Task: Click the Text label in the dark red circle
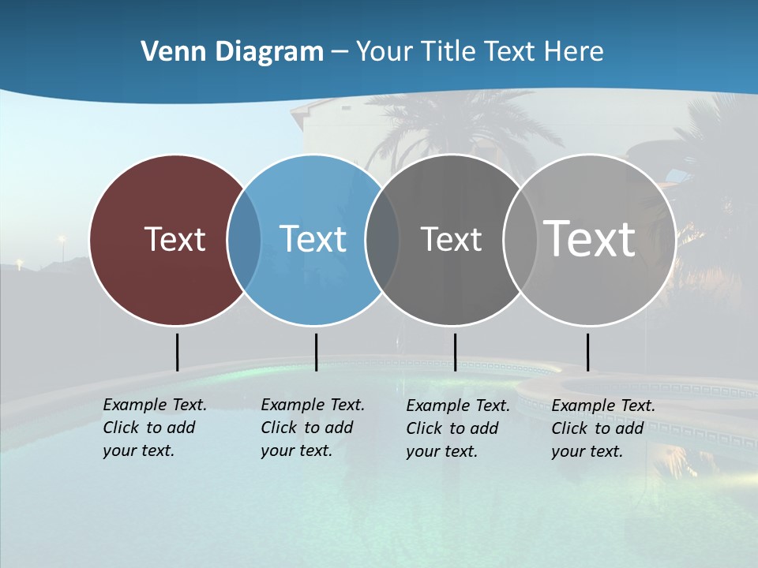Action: tap(174, 239)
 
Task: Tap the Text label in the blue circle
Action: tap(313, 239)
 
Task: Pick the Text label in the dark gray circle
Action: tap(451, 239)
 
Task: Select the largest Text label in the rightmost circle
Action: tap(590, 239)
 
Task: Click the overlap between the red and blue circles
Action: tap(244, 239)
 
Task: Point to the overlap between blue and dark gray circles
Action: tap(382, 239)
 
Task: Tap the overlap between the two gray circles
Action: tap(519, 239)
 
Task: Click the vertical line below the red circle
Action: tap(177, 352)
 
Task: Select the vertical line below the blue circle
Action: tap(316, 352)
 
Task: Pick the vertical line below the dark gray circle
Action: tap(455, 352)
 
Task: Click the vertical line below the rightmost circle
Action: tap(587, 352)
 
